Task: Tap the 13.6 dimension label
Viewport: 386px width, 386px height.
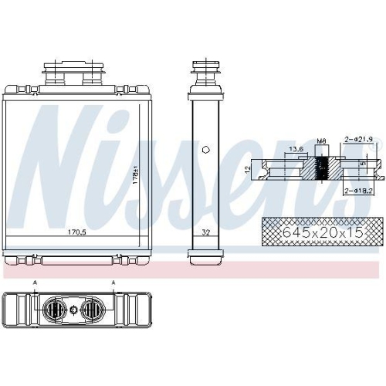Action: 296,148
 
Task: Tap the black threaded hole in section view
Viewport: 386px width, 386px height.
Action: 323,168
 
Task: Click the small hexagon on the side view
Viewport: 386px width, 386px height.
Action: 205,150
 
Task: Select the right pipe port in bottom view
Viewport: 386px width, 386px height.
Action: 92,311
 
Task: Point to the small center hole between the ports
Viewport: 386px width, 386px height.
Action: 73,311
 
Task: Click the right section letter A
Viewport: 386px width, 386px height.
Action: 113,283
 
